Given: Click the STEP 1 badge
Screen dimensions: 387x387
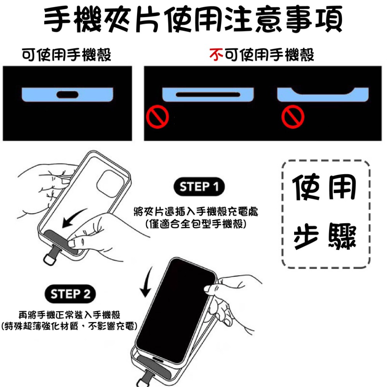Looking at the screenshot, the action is click(x=199, y=187).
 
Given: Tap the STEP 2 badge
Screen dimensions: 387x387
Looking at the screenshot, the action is click(x=70, y=294).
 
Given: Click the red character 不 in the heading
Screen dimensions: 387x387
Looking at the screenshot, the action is click(x=216, y=55).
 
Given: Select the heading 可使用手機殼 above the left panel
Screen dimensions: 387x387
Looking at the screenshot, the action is click(x=67, y=55).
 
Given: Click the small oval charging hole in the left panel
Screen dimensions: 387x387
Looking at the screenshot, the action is click(x=67, y=94).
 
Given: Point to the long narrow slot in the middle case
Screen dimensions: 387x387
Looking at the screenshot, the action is click(x=208, y=94).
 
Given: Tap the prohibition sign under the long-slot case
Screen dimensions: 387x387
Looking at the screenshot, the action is click(x=158, y=117).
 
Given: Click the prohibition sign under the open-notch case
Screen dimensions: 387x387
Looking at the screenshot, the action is click(x=293, y=117).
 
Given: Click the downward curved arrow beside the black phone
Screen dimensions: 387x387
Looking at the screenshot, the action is click(x=147, y=282).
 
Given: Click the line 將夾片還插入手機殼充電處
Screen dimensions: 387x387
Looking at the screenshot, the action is click(x=196, y=212).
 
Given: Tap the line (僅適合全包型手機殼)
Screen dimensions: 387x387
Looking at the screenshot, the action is click(x=196, y=224).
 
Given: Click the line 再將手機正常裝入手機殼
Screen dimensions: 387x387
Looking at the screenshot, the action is click(x=69, y=315).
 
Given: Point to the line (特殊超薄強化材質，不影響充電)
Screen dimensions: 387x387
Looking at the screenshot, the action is click(x=69, y=326).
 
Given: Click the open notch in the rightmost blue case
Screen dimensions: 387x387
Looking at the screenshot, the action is click(x=323, y=91).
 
